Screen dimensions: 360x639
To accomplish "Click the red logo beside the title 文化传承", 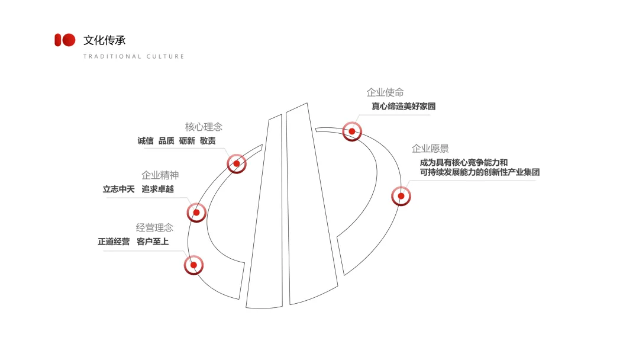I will pos(65,40).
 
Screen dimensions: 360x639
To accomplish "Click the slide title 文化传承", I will pos(105,40).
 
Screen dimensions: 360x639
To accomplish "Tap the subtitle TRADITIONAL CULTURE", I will pos(134,57).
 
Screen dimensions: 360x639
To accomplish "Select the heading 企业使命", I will pos(385,92).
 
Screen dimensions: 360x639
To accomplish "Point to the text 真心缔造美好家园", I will pos(403,107).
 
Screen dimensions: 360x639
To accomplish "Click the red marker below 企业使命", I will pos(352,131).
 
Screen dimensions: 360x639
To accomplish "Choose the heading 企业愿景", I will pos(430,148).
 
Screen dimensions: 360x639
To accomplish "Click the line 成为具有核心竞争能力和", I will pos(464,162).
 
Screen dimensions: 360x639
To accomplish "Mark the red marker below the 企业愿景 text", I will pos(401,196).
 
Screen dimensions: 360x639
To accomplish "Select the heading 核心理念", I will pos(204,127).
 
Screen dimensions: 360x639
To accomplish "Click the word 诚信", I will pos(146,141).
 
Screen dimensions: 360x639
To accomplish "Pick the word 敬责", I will pos(208,141).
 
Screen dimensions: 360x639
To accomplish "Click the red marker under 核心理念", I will pos(237,163).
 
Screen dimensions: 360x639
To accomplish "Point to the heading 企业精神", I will pos(160,175).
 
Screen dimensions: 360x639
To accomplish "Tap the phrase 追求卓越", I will pos(158,189).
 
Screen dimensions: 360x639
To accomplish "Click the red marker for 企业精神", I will pos(196,213).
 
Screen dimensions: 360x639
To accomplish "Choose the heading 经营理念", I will pos(154,227).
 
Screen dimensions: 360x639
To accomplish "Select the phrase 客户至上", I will pos(153,242).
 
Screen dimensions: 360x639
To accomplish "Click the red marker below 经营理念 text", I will pos(193,265).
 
